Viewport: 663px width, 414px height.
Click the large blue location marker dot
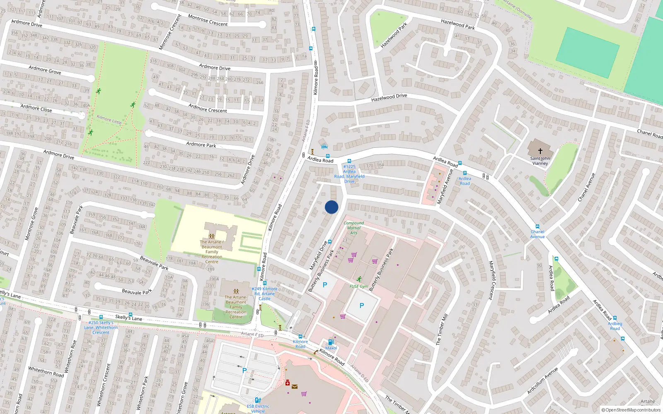[x=331, y=207]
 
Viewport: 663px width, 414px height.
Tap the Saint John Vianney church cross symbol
[x=540, y=151]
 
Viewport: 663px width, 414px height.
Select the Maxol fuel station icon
[x=331, y=342]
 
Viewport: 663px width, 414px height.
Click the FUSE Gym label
[x=358, y=286]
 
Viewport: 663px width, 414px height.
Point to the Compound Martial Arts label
[x=353, y=228]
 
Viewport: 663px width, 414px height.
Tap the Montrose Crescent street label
[x=208, y=20]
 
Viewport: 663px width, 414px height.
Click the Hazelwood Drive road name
[x=389, y=98]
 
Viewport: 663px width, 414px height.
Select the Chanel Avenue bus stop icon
[x=537, y=226]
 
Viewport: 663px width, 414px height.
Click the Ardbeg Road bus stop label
[x=615, y=326]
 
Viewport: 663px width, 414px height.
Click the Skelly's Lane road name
[x=128, y=318]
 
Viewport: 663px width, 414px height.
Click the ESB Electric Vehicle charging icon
[x=258, y=400]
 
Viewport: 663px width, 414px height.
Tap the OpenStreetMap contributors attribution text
[x=631, y=410]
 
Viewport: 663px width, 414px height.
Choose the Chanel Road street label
[x=649, y=133]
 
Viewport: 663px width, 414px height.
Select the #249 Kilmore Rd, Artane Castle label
[x=264, y=294]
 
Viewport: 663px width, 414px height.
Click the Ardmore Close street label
[x=36, y=108]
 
